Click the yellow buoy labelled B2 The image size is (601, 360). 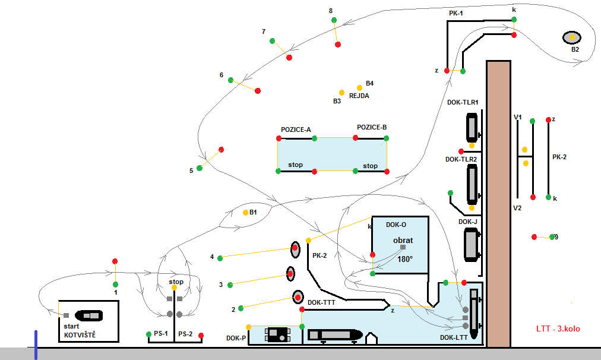[572, 37]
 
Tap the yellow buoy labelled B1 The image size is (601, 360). [245, 212]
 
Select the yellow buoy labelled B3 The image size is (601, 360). [341, 93]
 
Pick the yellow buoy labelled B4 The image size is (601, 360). [359, 87]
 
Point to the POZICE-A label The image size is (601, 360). [296, 130]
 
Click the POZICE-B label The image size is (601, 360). [372, 127]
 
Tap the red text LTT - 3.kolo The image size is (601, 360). [559, 329]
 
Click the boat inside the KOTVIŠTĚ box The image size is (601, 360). [90, 315]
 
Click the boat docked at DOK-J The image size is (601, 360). [473, 245]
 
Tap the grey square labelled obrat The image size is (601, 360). [403, 247]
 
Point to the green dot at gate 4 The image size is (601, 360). [220, 258]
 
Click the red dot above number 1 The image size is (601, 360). [115, 261]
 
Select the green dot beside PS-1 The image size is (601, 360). [148, 334]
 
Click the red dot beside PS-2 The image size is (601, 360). [201, 336]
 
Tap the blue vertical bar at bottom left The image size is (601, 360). [36, 345]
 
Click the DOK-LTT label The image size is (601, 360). [453, 337]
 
